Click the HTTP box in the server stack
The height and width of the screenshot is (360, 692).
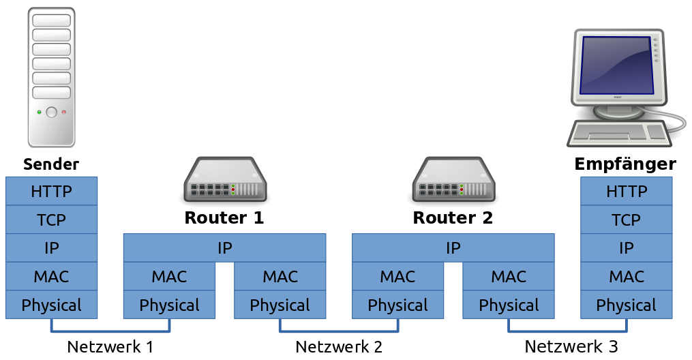(51, 191)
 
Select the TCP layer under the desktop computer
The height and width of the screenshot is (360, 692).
(626, 220)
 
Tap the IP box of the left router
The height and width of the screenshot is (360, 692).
(224, 248)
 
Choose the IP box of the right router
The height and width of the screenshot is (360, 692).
(453, 248)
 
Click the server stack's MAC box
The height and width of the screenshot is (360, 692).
(51, 277)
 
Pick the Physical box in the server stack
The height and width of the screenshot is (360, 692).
(51, 305)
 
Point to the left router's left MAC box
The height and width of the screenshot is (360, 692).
(169, 277)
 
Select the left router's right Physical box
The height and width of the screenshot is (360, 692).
(280, 305)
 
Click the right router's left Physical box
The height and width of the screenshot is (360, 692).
(397, 305)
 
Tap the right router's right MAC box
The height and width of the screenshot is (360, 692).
(509, 277)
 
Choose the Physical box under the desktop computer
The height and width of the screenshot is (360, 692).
(626, 305)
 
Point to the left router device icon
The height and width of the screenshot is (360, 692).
(224, 180)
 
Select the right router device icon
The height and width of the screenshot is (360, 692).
(453, 180)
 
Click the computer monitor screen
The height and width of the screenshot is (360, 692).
(616, 65)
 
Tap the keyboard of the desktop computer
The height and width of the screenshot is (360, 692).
(618, 133)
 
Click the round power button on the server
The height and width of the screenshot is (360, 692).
(51, 112)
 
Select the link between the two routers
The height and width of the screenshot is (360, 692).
(338, 332)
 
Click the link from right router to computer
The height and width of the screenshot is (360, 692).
(567, 332)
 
